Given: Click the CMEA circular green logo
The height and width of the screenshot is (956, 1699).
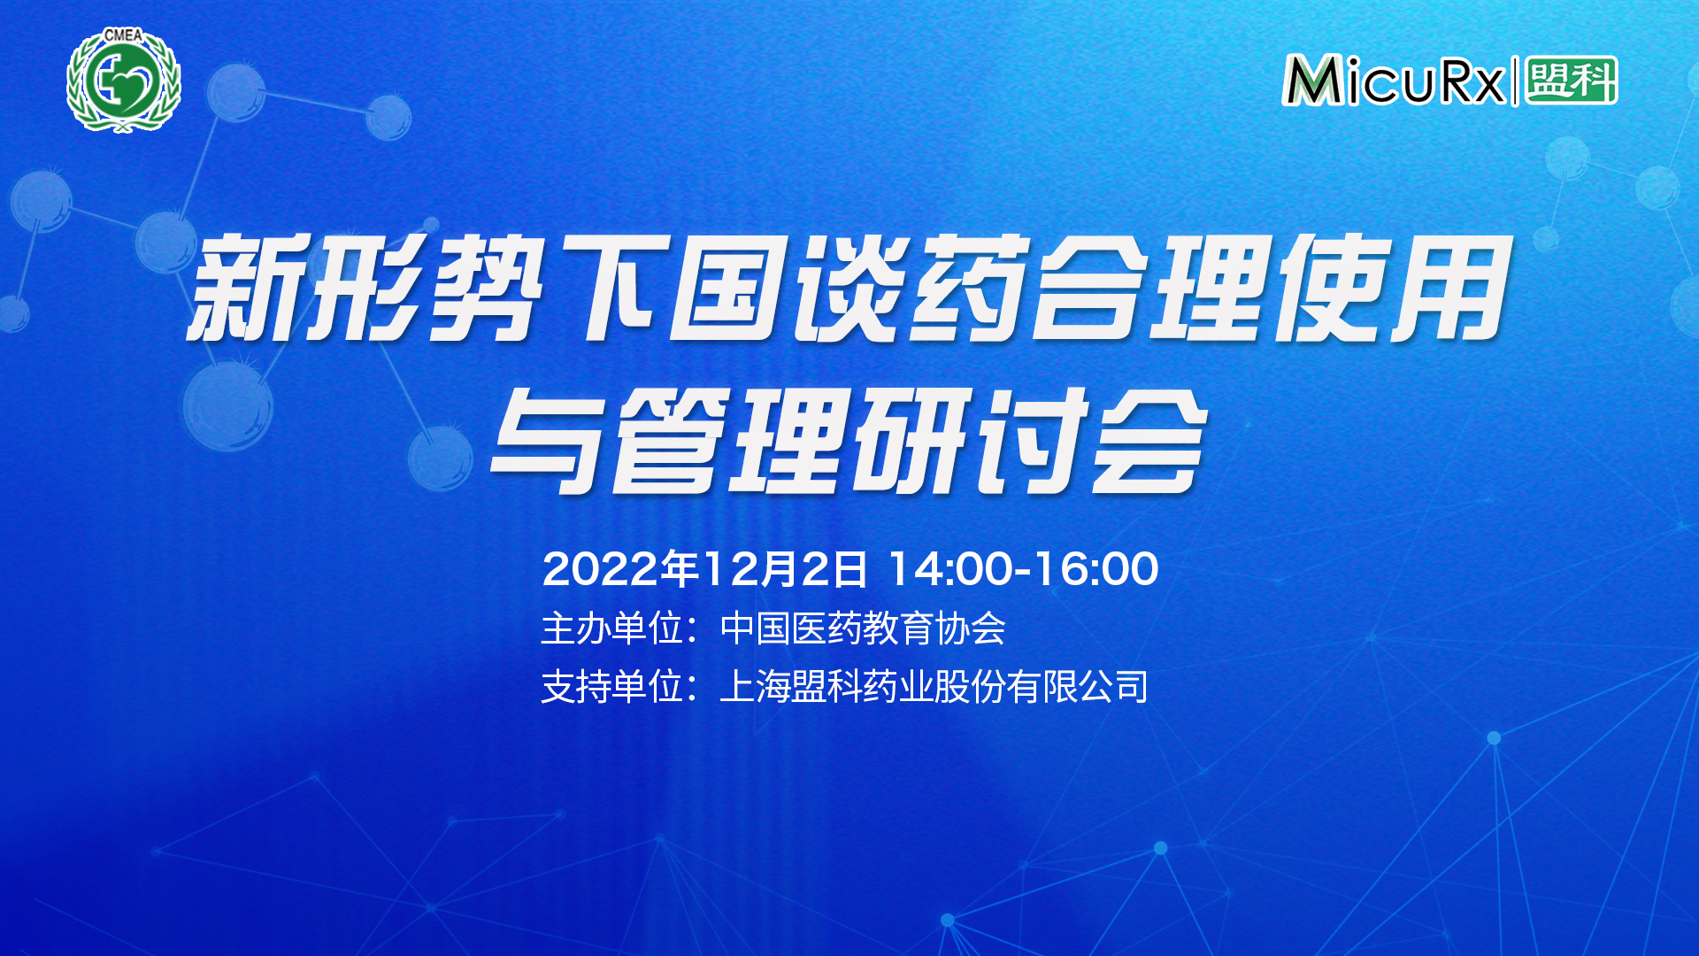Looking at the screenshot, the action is [x=124, y=81].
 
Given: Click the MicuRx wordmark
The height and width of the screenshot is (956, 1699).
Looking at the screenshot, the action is [x=1394, y=81].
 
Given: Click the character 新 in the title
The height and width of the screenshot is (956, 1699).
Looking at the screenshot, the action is [x=243, y=288].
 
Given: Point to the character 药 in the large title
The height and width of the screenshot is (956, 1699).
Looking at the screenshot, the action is [x=970, y=288].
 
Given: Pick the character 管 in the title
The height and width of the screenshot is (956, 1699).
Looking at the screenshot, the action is [x=671, y=440].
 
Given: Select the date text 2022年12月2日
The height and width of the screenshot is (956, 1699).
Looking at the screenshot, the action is [x=704, y=568].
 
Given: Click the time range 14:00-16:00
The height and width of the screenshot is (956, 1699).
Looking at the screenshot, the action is [x=1023, y=568].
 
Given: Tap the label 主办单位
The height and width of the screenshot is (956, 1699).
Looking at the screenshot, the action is [x=611, y=628].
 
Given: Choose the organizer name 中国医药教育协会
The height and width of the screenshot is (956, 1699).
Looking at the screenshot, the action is [x=863, y=628].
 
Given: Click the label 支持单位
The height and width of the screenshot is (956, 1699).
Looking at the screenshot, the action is [x=611, y=687].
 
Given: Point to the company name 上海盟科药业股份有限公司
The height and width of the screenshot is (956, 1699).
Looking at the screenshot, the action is [x=934, y=687].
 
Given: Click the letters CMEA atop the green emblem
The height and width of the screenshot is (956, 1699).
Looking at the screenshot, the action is [x=123, y=35].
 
